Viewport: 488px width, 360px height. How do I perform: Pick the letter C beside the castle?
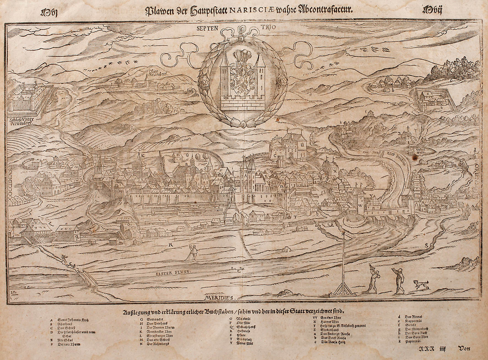pos(275,155)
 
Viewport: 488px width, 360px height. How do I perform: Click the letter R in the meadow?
pos(170,244)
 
